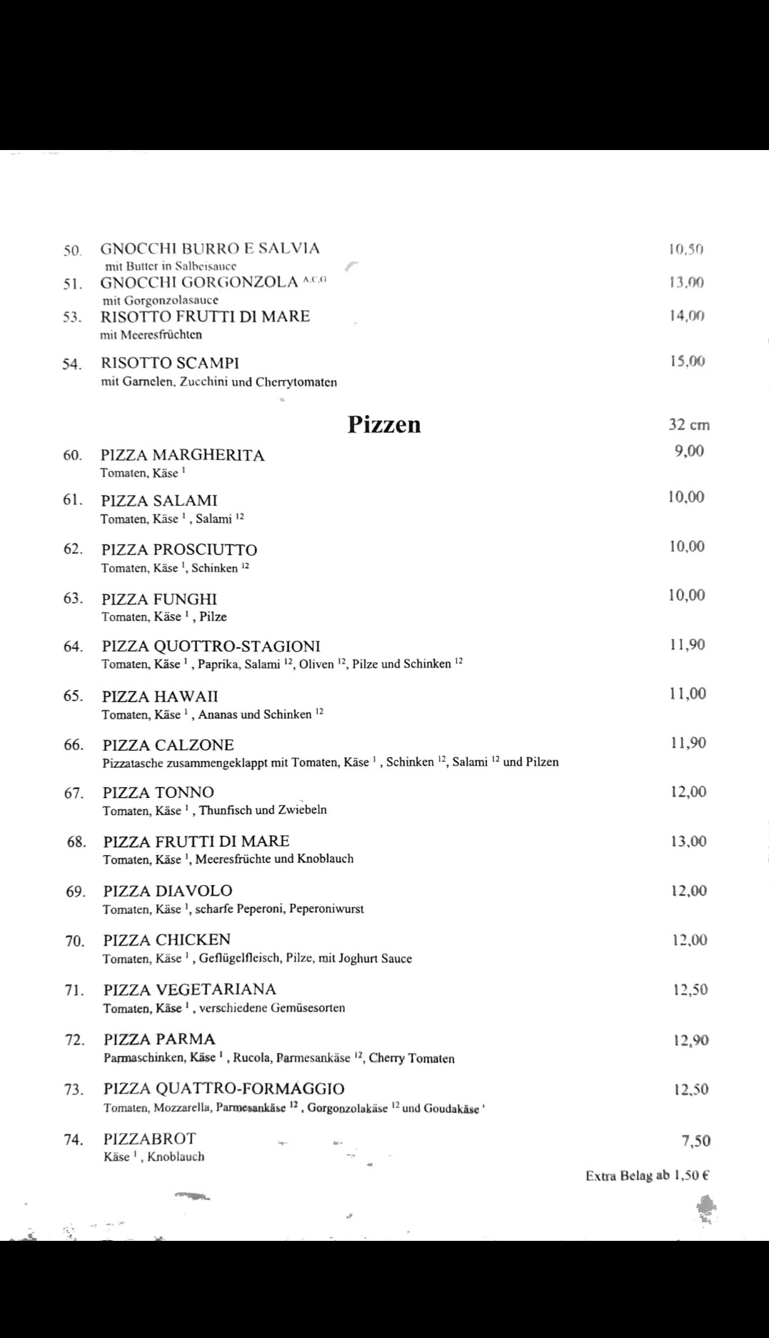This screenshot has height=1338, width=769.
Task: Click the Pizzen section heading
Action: pyautogui.click(x=384, y=424)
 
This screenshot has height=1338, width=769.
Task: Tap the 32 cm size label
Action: pyautogui.click(x=688, y=424)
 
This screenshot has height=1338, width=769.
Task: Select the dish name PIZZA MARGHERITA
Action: pyautogui.click(x=182, y=455)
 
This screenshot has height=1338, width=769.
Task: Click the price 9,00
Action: pyautogui.click(x=689, y=451)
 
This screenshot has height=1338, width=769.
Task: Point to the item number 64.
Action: pyautogui.click(x=73, y=646)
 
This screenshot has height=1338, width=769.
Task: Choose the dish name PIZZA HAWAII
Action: pyautogui.click(x=160, y=697)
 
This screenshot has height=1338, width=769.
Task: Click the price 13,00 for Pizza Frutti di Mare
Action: pyautogui.click(x=688, y=842)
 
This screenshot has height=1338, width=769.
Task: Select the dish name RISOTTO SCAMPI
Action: pyautogui.click(x=170, y=363)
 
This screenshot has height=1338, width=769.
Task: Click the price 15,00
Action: pyautogui.click(x=687, y=361)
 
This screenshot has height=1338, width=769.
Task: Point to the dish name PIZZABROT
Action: pyautogui.click(x=149, y=1139)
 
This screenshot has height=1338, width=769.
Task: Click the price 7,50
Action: pyautogui.click(x=695, y=1141)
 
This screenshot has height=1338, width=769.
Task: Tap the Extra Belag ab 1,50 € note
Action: pyautogui.click(x=646, y=1175)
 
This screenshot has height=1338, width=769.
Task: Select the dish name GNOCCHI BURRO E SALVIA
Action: pyautogui.click(x=210, y=249)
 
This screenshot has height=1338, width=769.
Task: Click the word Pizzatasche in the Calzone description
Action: pyautogui.click(x=134, y=762)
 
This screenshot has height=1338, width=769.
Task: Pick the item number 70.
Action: pyautogui.click(x=74, y=941)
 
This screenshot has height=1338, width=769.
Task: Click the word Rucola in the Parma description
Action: pyautogui.click(x=252, y=1058)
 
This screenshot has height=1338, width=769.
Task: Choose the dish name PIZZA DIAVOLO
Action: pyautogui.click(x=168, y=891)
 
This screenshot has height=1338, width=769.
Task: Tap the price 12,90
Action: pyautogui.click(x=690, y=1040)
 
